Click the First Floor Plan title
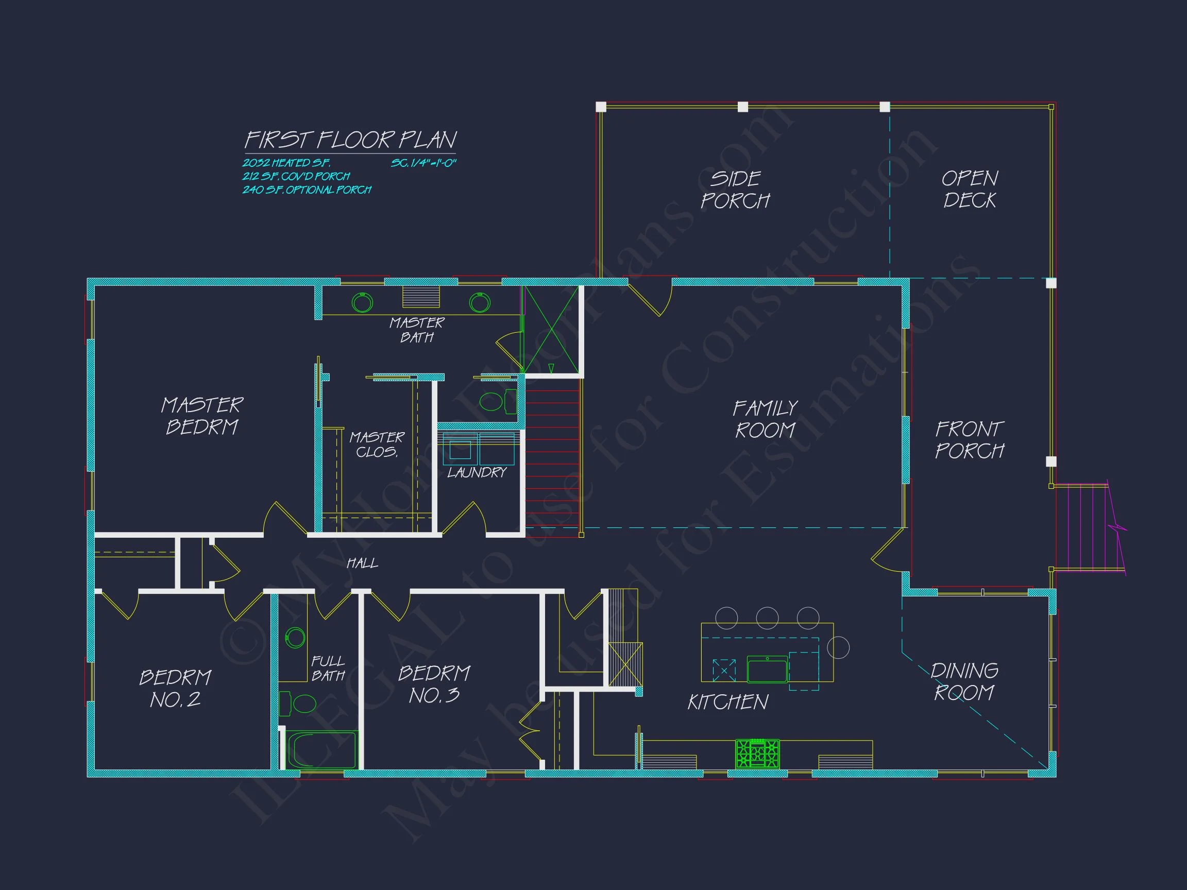(x=350, y=140)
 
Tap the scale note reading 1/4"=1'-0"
(x=423, y=163)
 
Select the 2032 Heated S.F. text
(x=286, y=163)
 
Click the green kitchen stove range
(x=757, y=753)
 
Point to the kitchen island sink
(x=767, y=671)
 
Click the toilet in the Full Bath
(x=299, y=704)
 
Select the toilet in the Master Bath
(x=496, y=401)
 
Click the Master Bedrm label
(x=202, y=416)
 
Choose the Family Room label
(x=765, y=419)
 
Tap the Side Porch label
(x=735, y=190)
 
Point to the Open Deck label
(x=970, y=190)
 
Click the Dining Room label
(x=964, y=681)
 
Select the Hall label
(x=362, y=563)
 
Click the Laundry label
(x=477, y=472)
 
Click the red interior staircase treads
(x=553, y=456)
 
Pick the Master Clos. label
(x=377, y=444)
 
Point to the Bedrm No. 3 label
(x=434, y=684)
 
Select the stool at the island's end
(x=838, y=647)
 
